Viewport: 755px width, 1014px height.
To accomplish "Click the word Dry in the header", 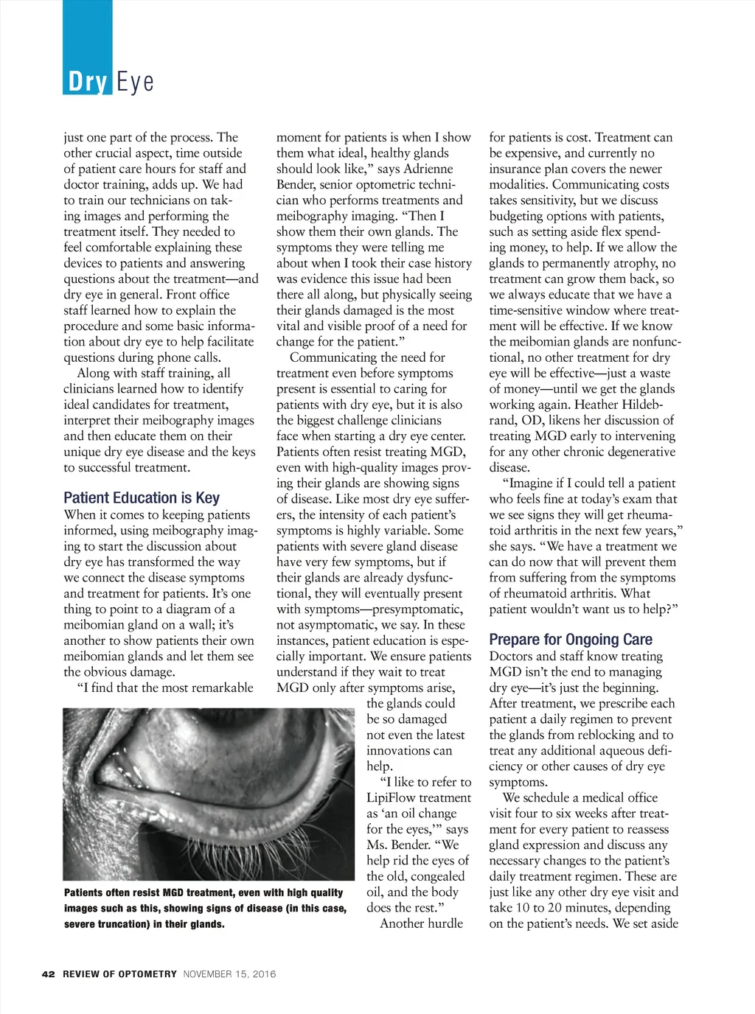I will coord(88,81).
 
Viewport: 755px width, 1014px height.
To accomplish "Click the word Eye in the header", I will coord(135,81).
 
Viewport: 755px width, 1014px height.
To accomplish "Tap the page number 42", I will coord(49,973).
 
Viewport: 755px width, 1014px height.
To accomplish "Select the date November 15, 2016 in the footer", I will coord(229,973).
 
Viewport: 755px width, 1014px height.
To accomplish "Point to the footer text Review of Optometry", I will coord(119,973).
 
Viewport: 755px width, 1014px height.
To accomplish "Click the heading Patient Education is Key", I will coord(142,497).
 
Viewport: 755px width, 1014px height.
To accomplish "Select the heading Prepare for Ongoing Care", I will coord(571,639).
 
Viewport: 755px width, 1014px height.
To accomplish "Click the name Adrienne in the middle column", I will coord(428,169).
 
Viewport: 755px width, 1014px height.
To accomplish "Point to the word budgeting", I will coord(519,216).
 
